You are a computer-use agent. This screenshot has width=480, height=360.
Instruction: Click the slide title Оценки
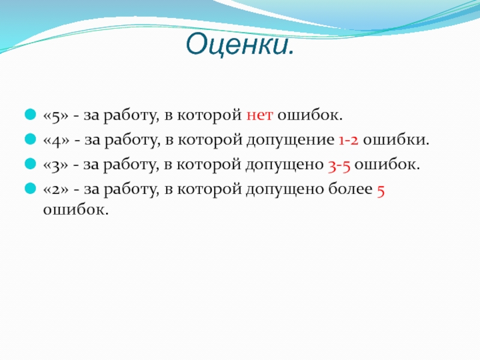tap(239, 44)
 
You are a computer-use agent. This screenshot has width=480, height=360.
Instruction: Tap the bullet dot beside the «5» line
tap(31, 114)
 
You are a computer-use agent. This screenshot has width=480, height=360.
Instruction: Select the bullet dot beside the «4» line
tap(31, 139)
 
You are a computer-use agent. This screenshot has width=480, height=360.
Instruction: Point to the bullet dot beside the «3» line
tap(31, 163)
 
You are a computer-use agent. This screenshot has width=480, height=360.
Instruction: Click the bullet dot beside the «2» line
tap(31, 188)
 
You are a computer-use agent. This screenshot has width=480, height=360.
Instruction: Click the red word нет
tap(260, 115)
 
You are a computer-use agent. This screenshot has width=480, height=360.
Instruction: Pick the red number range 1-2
tap(349, 140)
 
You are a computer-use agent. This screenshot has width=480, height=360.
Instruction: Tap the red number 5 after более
tap(380, 191)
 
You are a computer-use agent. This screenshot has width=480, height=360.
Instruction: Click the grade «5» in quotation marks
tap(56, 116)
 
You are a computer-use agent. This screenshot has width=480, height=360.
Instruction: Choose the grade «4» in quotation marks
tap(56, 140)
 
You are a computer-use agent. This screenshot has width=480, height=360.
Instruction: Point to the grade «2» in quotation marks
tap(56, 190)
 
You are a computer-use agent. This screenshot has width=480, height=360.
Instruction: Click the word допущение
tap(290, 140)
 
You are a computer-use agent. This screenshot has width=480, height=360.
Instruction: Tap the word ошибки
tap(396, 139)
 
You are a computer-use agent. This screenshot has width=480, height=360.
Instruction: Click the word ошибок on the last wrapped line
tap(76, 209)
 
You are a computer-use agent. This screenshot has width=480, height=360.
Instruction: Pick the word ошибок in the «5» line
tap(310, 115)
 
